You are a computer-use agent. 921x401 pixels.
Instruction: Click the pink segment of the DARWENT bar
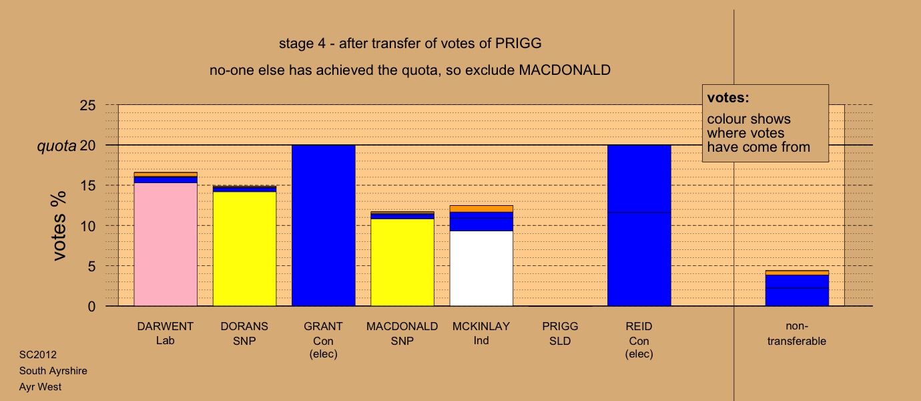coord(166,244)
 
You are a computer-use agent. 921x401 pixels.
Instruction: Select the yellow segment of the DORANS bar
coord(244,249)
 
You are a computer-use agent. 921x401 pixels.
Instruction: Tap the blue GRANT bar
coord(323,225)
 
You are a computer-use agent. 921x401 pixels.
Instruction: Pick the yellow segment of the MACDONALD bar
coord(402,262)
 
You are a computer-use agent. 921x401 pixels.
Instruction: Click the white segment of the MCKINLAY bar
coord(481,269)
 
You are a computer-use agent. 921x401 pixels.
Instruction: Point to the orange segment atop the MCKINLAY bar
coord(481,209)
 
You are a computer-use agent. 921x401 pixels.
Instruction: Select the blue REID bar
coord(639,225)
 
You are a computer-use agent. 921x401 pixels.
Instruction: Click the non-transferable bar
coord(797,288)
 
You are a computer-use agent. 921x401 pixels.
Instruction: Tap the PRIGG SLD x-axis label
coord(560,333)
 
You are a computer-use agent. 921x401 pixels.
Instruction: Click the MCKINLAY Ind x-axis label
coord(481,333)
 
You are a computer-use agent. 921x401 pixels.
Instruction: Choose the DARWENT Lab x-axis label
coord(166,333)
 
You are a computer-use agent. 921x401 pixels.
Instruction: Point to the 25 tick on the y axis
coord(87,106)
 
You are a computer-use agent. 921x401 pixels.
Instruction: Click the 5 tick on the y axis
coord(91,267)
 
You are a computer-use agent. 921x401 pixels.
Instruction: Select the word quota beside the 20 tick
coord(57,146)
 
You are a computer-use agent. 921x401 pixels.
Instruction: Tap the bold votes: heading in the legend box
coord(728,98)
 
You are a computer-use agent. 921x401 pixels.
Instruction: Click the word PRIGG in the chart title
coord(518,43)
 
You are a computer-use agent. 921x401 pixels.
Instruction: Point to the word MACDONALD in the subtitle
coord(565,70)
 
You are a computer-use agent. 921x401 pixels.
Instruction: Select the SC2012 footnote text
coord(38,354)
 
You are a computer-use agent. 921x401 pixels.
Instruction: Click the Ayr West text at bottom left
coord(40,386)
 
